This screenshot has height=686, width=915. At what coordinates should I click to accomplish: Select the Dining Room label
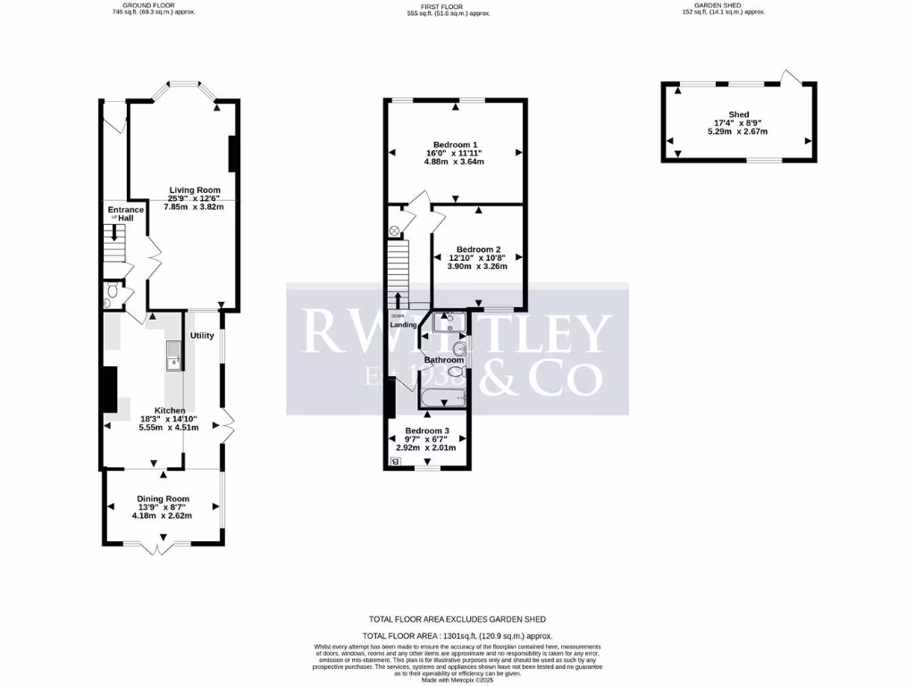163,498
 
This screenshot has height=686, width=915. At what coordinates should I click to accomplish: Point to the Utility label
203,335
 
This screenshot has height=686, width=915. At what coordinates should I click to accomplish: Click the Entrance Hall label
120,213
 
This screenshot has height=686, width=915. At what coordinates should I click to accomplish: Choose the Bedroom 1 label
455,145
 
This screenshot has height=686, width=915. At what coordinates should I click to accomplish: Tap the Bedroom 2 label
478,249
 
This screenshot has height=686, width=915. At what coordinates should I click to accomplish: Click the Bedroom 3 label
426,430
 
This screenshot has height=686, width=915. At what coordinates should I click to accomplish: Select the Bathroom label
444,360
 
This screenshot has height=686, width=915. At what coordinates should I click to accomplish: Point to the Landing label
403,324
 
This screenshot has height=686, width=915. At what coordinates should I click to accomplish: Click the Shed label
737,114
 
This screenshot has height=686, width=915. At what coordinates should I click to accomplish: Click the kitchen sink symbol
172,356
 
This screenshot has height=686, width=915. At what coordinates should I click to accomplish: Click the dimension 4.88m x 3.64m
455,163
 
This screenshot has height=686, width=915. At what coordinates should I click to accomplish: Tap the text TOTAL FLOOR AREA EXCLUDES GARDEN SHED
457,619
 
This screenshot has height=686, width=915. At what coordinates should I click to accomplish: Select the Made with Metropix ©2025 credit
457,680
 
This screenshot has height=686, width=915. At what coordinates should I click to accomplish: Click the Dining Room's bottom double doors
159,544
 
